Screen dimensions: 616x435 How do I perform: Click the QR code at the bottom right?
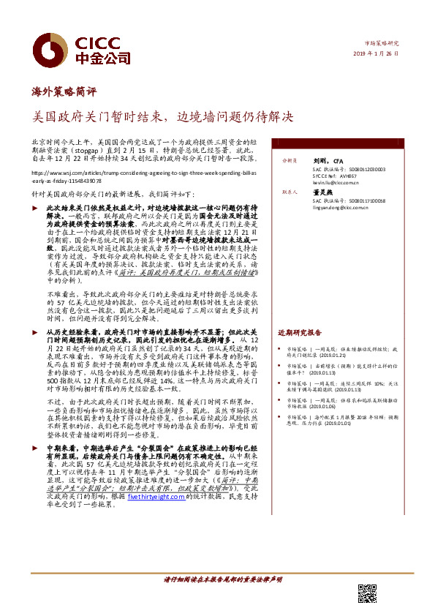click(366, 593)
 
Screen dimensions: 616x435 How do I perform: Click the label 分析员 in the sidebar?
click(286, 159)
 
